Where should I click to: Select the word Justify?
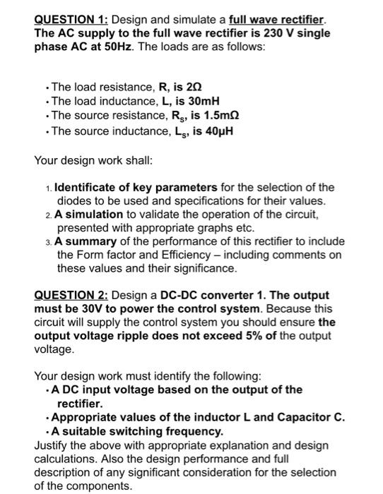point(52,445)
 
